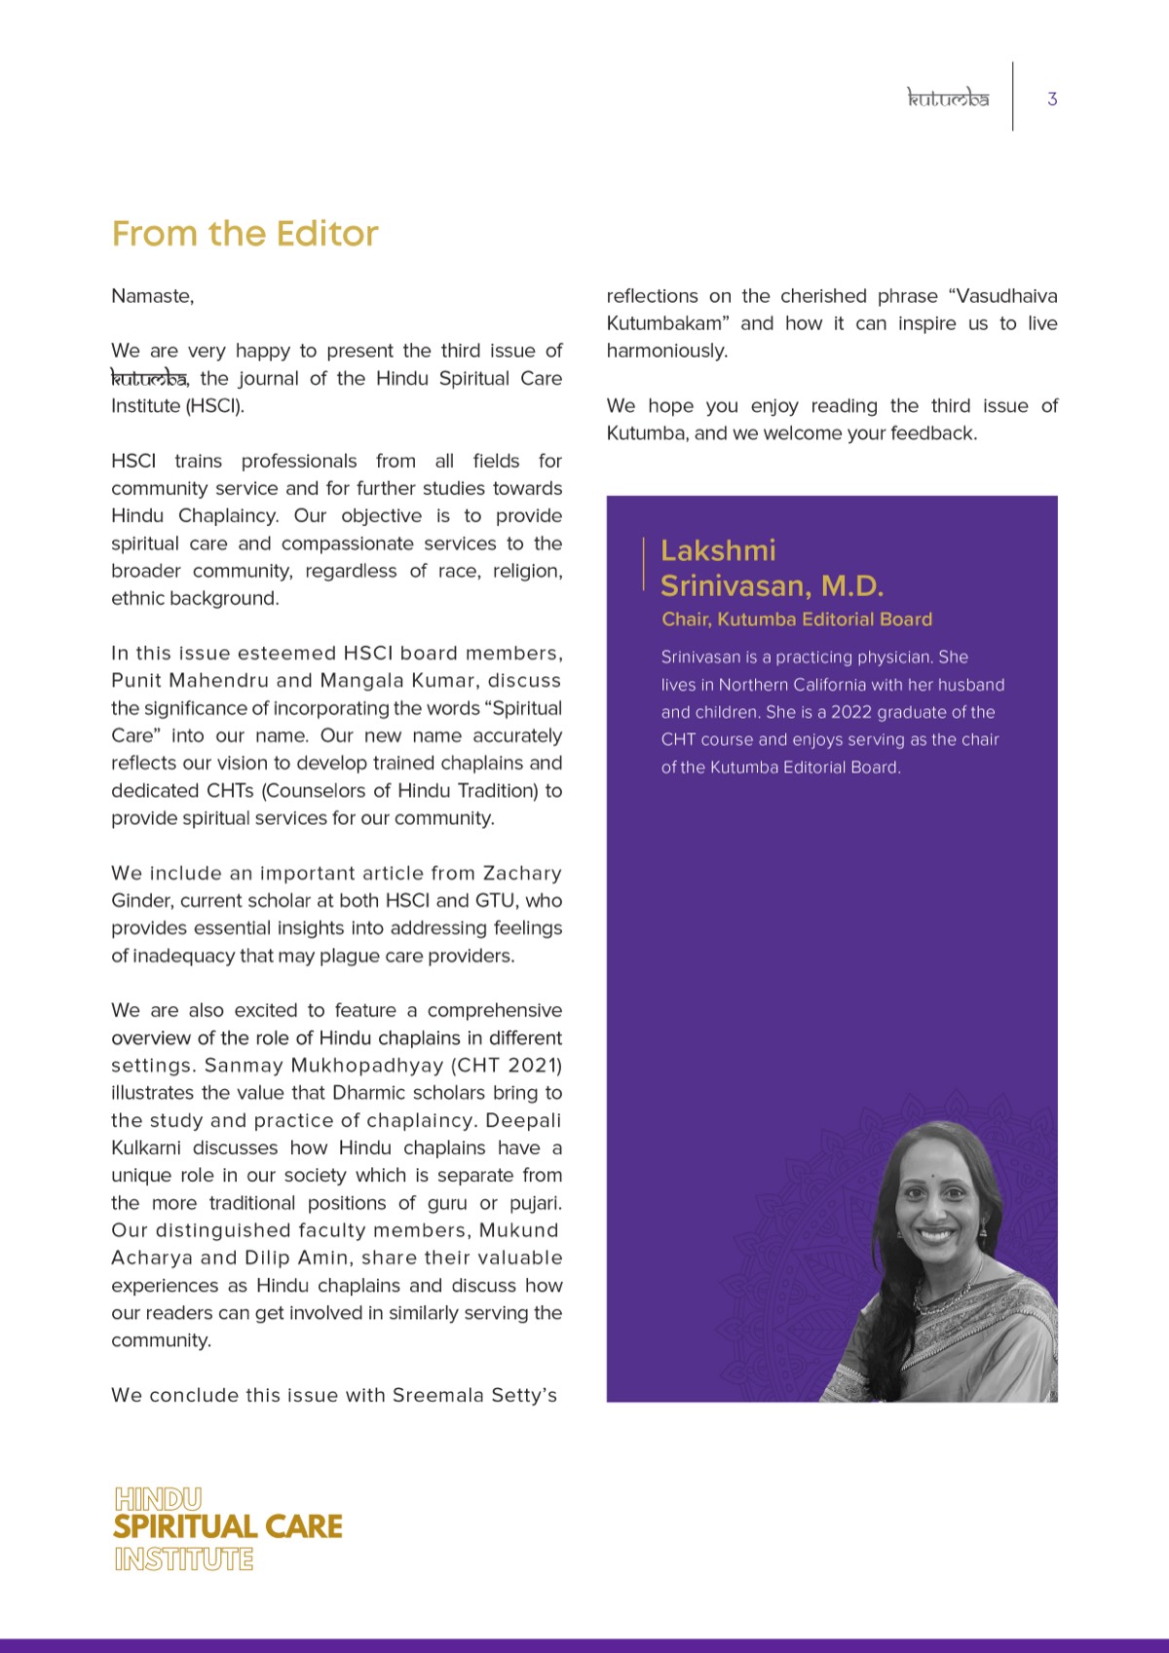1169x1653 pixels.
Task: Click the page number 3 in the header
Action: point(1052,98)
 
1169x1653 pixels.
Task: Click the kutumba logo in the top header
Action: point(948,98)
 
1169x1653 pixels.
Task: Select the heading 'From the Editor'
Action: point(245,234)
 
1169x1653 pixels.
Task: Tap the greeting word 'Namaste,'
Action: point(152,296)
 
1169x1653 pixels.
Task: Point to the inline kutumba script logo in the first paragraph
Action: point(148,378)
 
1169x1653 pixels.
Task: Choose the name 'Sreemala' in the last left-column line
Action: point(437,1396)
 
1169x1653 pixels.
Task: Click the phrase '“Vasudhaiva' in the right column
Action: point(1002,296)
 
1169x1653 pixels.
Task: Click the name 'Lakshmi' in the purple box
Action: point(718,550)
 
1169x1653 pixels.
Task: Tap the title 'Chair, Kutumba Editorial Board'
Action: point(796,620)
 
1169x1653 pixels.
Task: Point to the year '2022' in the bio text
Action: point(851,712)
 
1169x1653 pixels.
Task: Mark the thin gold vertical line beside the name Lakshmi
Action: point(644,563)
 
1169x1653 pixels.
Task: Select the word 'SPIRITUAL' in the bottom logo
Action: point(184,1526)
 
